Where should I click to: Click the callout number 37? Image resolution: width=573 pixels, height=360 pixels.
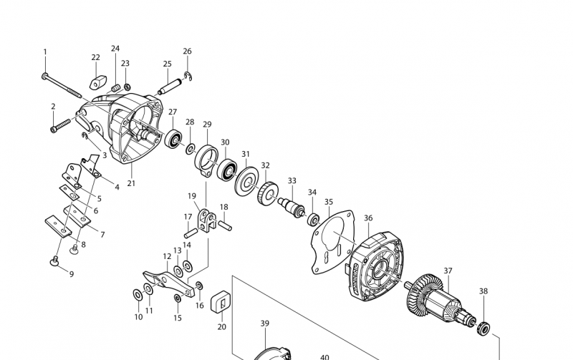[448, 271]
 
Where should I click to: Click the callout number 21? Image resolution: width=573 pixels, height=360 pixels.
[131, 183]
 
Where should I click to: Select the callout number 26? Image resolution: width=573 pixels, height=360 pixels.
[187, 52]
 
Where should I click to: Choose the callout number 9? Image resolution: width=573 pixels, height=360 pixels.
[71, 273]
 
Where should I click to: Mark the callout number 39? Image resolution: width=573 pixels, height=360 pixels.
[264, 323]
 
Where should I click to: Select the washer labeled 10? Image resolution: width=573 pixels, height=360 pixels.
[137, 295]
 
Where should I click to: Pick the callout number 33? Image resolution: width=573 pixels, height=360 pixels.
[292, 180]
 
